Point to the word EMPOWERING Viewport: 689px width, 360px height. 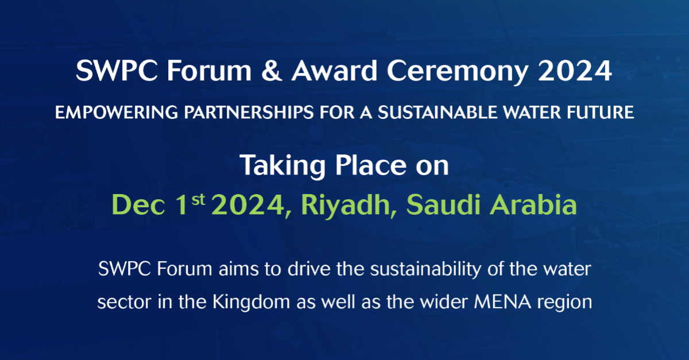point(107,113)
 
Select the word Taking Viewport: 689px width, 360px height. point(277,166)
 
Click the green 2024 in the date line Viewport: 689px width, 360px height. point(246,205)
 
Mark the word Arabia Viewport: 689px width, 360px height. point(540,205)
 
